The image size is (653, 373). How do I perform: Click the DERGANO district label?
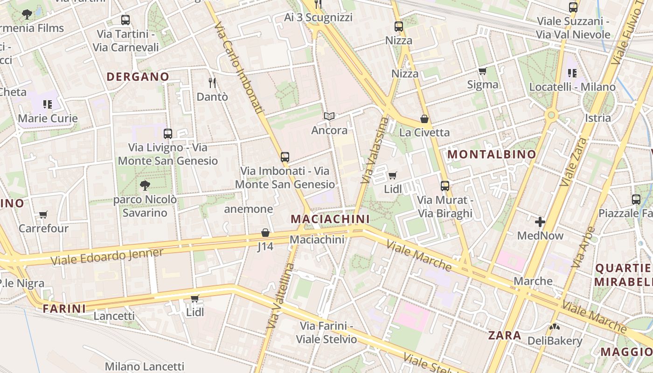coord(138,76)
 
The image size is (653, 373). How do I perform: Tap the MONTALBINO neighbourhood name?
coord(492,154)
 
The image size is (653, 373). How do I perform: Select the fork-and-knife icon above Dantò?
coord(212,83)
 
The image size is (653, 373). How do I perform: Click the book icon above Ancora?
coord(329,116)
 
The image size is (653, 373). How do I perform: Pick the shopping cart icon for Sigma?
coord(482,71)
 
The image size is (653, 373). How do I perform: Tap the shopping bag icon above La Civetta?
coord(424,119)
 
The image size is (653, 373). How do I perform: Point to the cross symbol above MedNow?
coord(540,222)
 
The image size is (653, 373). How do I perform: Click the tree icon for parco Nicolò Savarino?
coord(145,186)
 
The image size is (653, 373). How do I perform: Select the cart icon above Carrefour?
coord(43,215)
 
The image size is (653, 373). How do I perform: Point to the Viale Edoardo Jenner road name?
coord(107,256)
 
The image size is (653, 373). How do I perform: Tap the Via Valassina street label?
coord(375,150)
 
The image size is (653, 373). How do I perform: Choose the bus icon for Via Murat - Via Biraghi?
coord(445,186)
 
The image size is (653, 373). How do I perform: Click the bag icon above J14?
coord(265,233)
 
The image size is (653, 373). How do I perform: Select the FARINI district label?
coord(64,308)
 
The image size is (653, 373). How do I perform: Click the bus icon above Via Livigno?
coord(168,134)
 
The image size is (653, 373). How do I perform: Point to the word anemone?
coord(249,209)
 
